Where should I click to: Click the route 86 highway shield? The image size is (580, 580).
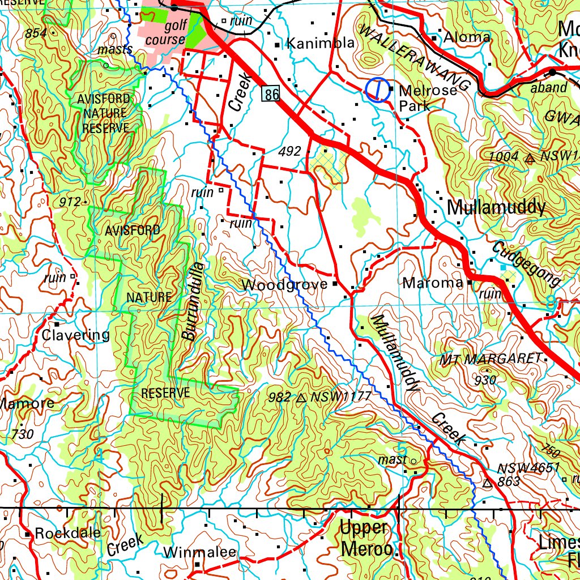click(x=271, y=94)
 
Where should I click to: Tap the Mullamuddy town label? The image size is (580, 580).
click(x=496, y=207)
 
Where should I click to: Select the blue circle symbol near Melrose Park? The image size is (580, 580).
click(x=377, y=90)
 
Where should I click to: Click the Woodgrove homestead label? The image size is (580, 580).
click(x=284, y=284)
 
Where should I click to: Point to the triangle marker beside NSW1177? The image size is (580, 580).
click(x=301, y=398)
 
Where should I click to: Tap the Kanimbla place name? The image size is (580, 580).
click(x=321, y=43)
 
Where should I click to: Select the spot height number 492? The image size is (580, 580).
click(x=289, y=152)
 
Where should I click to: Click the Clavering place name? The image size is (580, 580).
click(x=75, y=335)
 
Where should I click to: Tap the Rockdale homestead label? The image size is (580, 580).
click(x=67, y=533)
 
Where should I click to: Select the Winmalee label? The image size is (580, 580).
click(x=199, y=552)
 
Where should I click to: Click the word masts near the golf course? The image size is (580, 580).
click(x=114, y=50)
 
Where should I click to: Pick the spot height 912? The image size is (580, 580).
click(x=70, y=201)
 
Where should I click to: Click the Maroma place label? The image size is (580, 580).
click(x=433, y=283)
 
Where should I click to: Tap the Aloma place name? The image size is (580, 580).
click(x=467, y=38)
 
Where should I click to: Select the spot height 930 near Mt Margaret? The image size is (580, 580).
click(x=485, y=380)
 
